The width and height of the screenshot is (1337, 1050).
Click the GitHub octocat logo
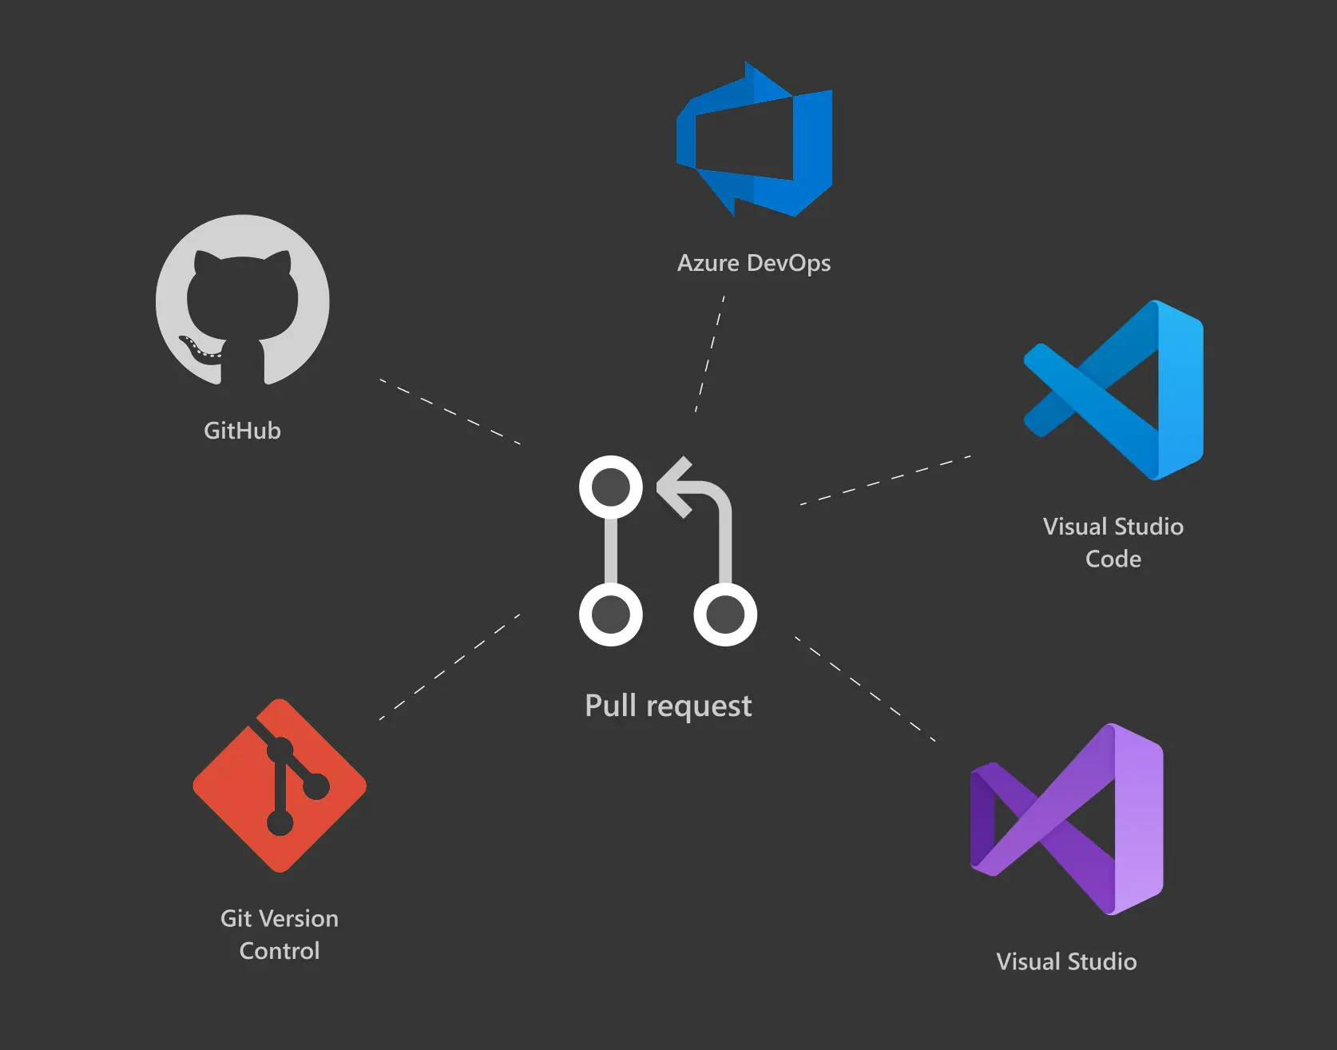(x=242, y=301)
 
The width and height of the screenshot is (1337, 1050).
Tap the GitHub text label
(x=242, y=431)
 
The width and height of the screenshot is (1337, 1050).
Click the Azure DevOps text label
(x=753, y=263)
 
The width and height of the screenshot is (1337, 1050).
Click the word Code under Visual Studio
(x=1113, y=559)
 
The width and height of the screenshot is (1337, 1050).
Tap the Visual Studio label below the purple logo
(x=1065, y=961)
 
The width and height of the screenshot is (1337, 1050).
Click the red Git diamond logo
(x=280, y=786)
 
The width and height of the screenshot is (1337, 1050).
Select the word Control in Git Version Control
(x=279, y=951)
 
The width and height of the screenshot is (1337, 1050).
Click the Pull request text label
(x=668, y=706)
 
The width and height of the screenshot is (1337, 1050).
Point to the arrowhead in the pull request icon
(x=675, y=487)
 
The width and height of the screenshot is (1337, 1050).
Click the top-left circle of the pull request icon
(x=611, y=487)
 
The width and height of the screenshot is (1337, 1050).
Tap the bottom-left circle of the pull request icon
(x=611, y=614)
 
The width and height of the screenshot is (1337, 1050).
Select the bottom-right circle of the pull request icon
(x=725, y=614)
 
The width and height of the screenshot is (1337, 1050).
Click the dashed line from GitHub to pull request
(x=450, y=411)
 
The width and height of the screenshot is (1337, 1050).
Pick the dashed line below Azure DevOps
(x=710, y=354)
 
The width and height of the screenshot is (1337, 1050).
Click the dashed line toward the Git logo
(x=450, y=667)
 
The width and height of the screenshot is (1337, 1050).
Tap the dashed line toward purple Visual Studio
(x=864, y=690)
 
